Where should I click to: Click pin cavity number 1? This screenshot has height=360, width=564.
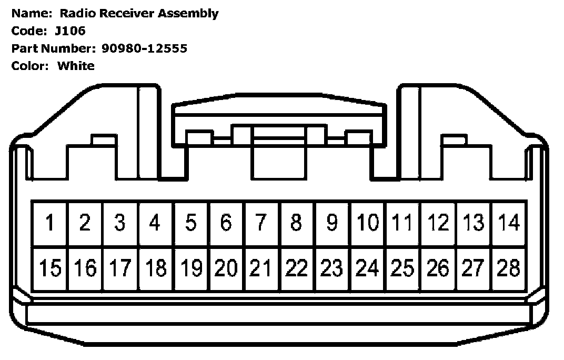(x=49, y=223)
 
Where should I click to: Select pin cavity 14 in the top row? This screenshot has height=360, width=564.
(x=509, y=223)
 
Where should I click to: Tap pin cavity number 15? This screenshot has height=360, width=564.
(x=49, y=269)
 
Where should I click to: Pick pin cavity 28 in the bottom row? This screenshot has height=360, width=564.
(x=509, y=269)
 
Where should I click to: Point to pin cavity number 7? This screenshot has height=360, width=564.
(x=261, y=223)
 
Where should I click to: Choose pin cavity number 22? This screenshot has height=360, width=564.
(x=297, y=269)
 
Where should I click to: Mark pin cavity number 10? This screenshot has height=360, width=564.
(x=367, y=223)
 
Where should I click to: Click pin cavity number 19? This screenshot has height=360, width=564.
(x=191, y=269)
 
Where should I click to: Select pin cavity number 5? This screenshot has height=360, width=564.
(x=191, y=223)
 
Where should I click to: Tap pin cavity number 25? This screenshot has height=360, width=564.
(x=402, y=269)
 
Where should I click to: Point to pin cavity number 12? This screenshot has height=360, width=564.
(x=438, y=223)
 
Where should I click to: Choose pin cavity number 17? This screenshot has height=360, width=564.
(x=120, y=269)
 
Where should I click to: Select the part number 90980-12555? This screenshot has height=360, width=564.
(x=144, y=48)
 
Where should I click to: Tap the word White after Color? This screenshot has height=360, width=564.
(x=76, y=66)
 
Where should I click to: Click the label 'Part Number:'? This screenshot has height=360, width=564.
(x=52, y=48)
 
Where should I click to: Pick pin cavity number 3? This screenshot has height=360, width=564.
(x=120, y=223)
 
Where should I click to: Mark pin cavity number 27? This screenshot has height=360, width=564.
(x=474, y=269)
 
